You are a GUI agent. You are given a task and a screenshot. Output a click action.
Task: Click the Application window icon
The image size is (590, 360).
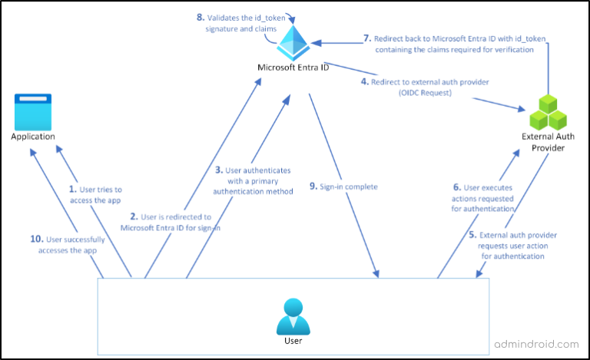pyautogui.click(x=33, y=111)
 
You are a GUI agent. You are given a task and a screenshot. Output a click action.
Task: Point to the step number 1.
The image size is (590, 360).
pyautogui.click(x=73, y=187)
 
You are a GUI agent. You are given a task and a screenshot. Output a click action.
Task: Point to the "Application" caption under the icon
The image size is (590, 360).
pyautogui.click(x=33, y=136)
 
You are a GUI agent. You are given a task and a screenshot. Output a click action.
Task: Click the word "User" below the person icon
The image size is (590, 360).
pyautogui.click(x=292, y=340)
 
